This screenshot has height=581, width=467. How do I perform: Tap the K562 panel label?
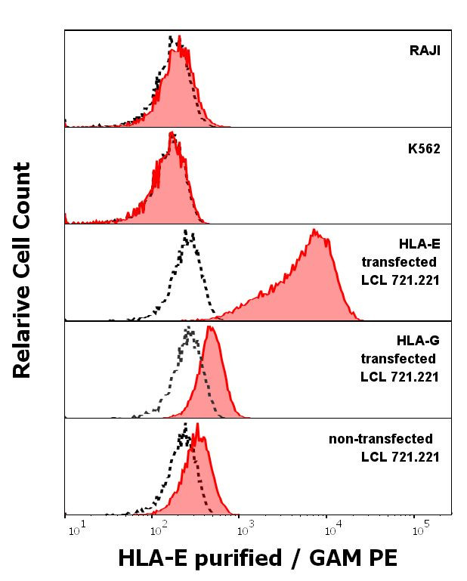(x=423, y=149)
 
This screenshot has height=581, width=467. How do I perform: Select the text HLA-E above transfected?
(x=419, y=243)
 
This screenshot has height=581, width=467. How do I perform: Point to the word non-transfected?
(x=380, y=439)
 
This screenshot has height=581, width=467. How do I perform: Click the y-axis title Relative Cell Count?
(x=22, y=270)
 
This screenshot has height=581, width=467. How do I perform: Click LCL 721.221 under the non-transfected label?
(x=400, y=457)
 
